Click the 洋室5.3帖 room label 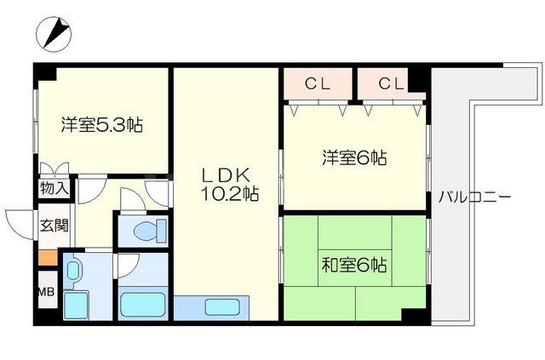tap(100, 125)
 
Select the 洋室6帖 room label tap(354, 157)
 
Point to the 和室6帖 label tap(354, 265)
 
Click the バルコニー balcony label tap(474, 197)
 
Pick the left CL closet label tap(318, 83)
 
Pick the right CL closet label tap(390, 83)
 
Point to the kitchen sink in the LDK tap(212, 306)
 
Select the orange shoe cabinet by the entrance tap(48, 256)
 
